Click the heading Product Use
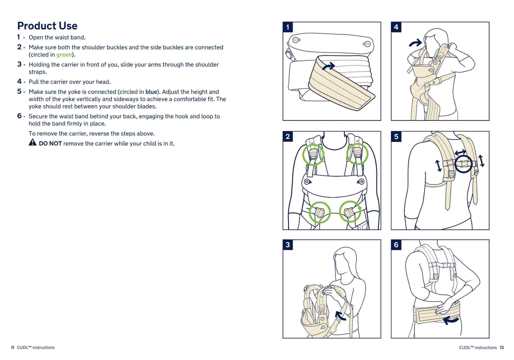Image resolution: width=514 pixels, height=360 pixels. (x=47, y=26)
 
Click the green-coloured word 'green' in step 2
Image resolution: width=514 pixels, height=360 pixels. (x=64, y=55)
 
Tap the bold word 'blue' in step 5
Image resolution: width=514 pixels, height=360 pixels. (x=151, y=92)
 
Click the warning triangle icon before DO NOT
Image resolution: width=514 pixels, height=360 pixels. (x=33, y=142)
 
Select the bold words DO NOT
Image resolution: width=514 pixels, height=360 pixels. (x=50, y=143)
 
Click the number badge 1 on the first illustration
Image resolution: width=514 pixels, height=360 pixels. (x=288, y=27)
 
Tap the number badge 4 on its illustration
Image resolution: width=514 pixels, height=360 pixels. (x=396, y=27)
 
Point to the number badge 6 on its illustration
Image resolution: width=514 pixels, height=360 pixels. (x=396, y=245)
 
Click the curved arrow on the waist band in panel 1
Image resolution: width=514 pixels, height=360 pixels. (x=328, y=66)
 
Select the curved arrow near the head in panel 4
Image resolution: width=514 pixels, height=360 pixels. (x=416, y=43)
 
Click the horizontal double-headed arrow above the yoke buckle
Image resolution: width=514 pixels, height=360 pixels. (x=460, y=152)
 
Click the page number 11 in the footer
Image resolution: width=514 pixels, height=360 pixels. (x=12, y=348)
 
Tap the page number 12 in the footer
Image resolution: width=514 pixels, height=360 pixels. (x=502, y=348)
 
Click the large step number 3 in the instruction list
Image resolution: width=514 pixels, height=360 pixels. (x=19, y=64)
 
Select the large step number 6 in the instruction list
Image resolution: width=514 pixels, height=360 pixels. (x=19, y=116)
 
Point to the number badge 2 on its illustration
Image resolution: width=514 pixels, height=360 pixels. (x=288, y=136)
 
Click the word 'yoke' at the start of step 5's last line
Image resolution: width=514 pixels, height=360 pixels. (x=34, y=106)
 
